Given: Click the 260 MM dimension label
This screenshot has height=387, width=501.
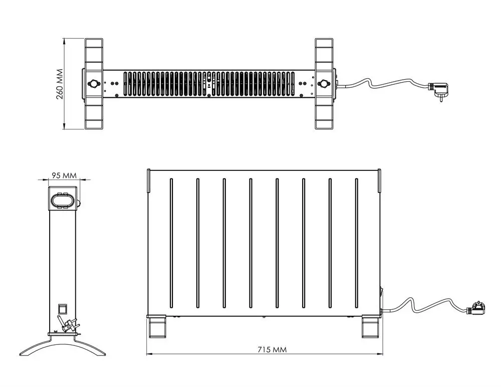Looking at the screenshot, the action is tap(60, 84).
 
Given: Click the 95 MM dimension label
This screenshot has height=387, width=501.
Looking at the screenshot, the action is tap(64, 175).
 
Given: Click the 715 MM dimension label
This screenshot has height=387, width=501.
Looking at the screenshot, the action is tap(272, 349).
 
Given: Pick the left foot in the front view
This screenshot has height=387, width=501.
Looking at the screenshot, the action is tap(157, 326).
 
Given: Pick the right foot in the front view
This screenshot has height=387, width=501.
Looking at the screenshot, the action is tap(371, 326).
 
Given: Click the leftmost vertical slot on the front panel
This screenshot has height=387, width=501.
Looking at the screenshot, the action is tap(171, 244).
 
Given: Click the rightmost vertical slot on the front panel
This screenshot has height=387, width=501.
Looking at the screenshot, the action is tap(357, 244).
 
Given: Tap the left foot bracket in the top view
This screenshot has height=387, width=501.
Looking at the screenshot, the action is tap(94, 84).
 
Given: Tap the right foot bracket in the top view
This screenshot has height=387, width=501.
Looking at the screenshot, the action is tap(324, 84).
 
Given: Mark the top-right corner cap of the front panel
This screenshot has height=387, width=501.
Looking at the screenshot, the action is tap(380, 180).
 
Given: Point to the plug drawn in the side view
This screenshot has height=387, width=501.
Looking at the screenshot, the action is tap(68, 324).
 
